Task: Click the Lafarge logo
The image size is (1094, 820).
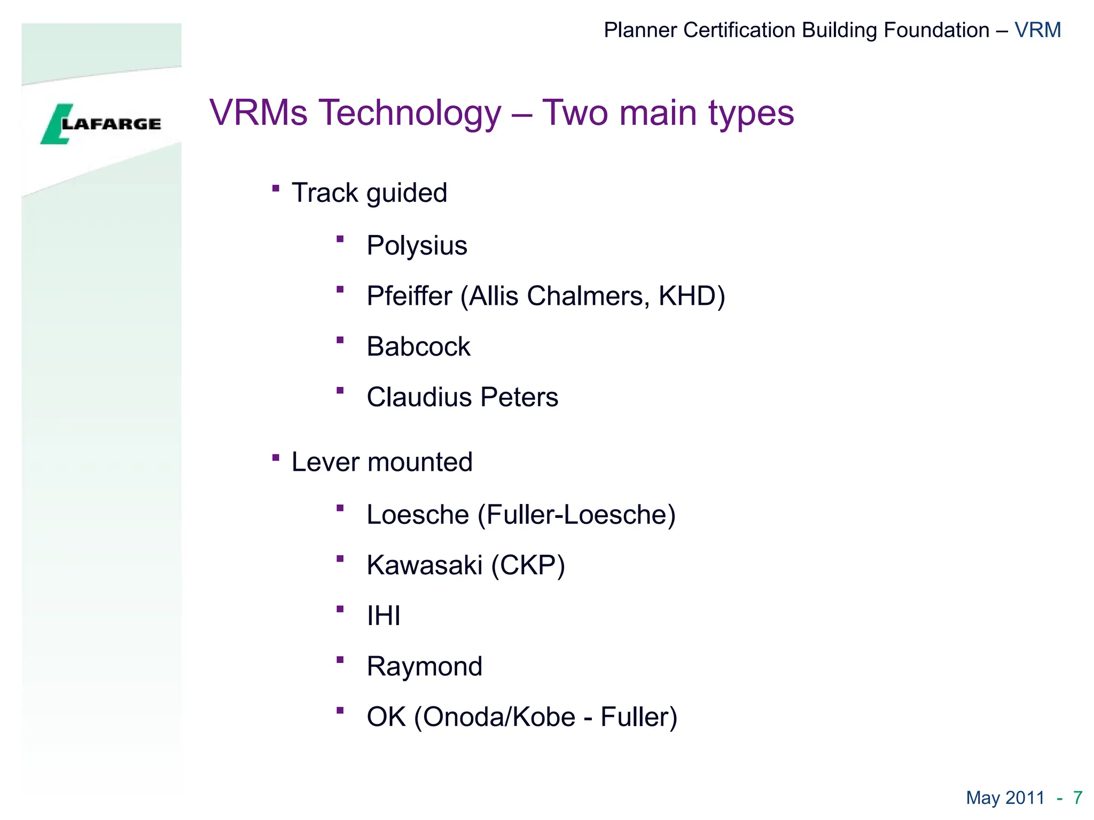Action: [101, 124]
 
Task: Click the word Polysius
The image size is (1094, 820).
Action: [417, 246]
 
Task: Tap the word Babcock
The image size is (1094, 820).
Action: [418, 347]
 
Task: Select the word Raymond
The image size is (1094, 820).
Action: [424, 667]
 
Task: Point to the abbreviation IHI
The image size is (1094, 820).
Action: [384, 616]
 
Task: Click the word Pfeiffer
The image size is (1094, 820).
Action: [409, 296]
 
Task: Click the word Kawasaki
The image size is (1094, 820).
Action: [424, 565]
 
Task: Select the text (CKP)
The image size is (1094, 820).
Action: [528, 565]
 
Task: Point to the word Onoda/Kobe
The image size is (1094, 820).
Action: [499, 717]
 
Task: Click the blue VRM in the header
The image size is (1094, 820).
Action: [1037, 30]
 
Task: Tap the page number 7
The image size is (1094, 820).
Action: [1077, 798]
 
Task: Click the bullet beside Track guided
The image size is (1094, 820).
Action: [276, 188]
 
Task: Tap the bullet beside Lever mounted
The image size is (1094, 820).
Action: [276, 458]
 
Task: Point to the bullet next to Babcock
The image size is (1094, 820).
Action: [340, 340]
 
